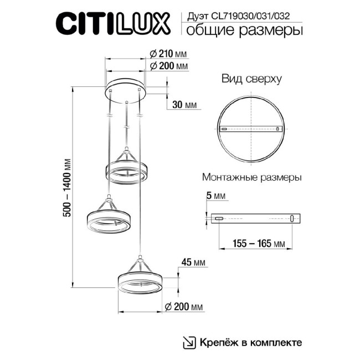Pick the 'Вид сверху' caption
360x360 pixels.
pos(251,79)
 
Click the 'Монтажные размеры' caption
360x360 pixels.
pos(252,178)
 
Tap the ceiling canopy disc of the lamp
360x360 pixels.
pos(127,88)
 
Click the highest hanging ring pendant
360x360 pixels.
pos(127,171)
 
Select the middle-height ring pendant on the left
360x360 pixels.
pos(107,220)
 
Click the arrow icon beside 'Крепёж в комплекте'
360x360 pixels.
pos(189,342)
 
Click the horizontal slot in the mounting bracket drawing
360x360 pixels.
pos(219,219)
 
